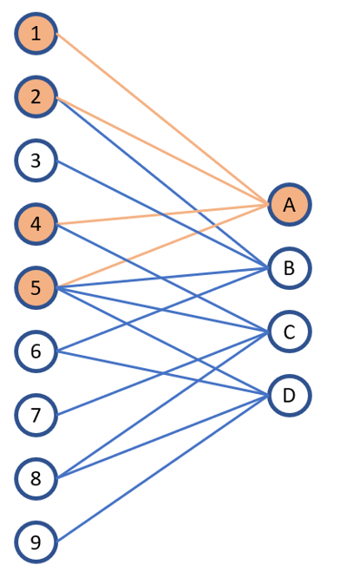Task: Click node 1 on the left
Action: pyautogui.click(x=36, y=34)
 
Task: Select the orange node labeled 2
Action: pyautogui.click(x=36, y=96)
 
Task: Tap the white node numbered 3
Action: pyautogui.click(x=36, y=161)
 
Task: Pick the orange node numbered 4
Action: pyautogui.click(x=36, y=224)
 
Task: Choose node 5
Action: pyautogui.click(x=36, y=287)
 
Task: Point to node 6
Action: pyautogui.click(x=36, y=351)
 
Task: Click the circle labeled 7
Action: pyautogui.click(x=36, y=416)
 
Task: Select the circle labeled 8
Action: pyautogui.click(x=36, y=478)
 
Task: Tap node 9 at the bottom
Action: pyautogui.click(x=36, y=543)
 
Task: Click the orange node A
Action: pyautogui.click(x=289, y=205)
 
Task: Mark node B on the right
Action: pyautogui.click(x=289, y=268)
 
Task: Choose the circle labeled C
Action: pyautogui.click(x=289, y=332)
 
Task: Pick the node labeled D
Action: pyautogui.click(x=289, y=396)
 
